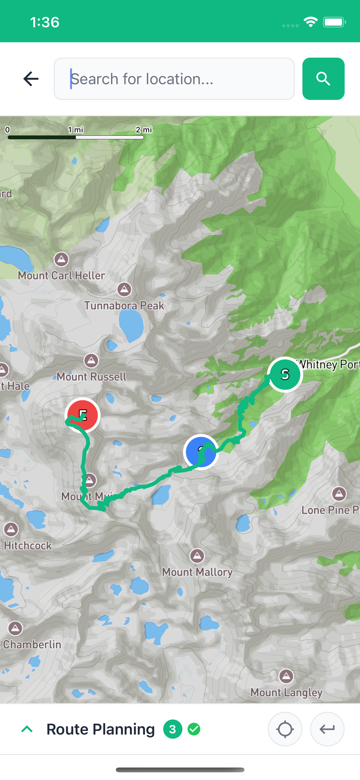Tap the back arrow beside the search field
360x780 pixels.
[31, 79]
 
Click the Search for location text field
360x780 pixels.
[174, 79]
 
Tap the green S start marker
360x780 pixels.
[285, 374]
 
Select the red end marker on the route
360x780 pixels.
[83, 415]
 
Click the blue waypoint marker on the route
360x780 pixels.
[201, 452]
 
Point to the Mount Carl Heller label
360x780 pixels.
[61, 275]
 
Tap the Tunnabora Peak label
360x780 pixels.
[124, 305]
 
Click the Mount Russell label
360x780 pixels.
[92, 377]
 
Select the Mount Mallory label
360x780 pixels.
[197, 572]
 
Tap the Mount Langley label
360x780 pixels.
[286, 692]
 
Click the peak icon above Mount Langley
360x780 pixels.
[286, 676]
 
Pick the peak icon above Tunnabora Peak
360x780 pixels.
[124, 289]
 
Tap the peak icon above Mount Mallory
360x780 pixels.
[197, 556]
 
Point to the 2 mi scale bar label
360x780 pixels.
[144, 130]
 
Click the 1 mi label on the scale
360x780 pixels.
[76, 130]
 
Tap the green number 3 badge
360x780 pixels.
[172, 729]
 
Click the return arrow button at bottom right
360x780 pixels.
[327, 729]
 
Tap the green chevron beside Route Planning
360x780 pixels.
[27, 729]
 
